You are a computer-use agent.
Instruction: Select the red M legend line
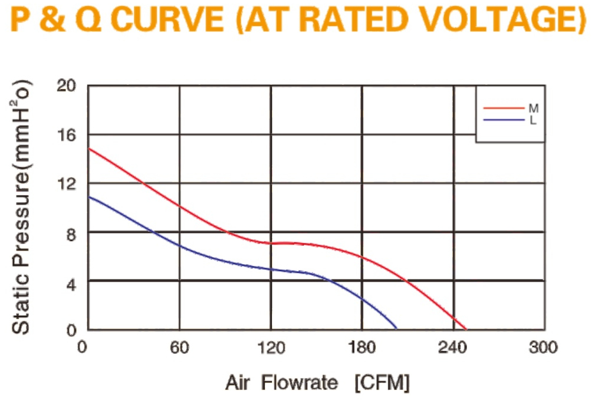pos(504,108)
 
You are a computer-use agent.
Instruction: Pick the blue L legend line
pos(504,120)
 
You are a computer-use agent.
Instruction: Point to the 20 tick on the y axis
pos(66,85)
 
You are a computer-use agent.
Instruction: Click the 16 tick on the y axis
pos(66,135)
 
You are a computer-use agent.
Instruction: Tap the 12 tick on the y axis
pos(66,184)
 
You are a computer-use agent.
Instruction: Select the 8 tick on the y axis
pos(71,235)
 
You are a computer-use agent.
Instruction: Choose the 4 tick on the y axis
pos(71,284)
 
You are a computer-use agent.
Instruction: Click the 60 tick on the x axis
pos(179,347)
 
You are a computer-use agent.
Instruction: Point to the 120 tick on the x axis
pos(271,347)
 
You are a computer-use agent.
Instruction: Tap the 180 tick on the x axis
pos(361,347)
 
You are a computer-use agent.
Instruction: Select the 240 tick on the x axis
pos(452,347)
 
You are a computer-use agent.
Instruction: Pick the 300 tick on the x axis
pos(543,347)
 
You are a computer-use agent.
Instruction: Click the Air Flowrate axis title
pos(318,383)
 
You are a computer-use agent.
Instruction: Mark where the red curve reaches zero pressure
pos(466,329)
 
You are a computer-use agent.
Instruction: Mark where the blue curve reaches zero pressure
pos(396,329)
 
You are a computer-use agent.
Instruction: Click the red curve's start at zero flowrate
pos(89,149)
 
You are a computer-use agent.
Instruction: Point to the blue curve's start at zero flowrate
pos(89,196)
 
